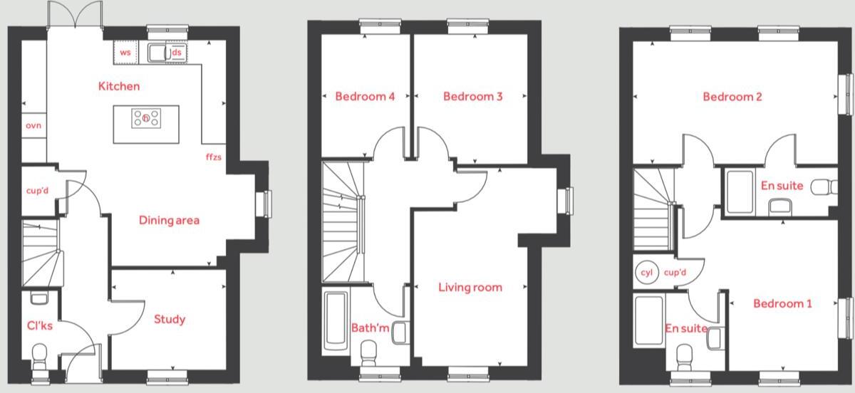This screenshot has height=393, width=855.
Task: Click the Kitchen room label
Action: pyautogui.click(x=119, y=86)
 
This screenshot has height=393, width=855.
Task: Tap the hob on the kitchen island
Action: pyautogui.click(x=146, y=118)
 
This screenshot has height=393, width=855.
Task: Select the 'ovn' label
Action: pyautogui.click(x=33, y=125)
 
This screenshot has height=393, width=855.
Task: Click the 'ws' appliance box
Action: pyautogui.click(x=125, y=53)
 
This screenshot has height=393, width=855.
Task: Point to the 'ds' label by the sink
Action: pyautogui.click(x=176, y=53)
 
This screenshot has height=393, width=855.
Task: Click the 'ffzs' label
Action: pyautogui.click(x=214, y=155)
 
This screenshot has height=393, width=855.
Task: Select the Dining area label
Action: pyautogui.click(x=169, y=220)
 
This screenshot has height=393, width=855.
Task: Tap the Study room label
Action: pyautogui.click(x=170, y=319)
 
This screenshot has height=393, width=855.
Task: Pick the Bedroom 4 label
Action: pyautogui.click(x=365, y=96)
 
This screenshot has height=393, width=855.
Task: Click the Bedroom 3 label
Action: pyautogui.click(x=472, y=96)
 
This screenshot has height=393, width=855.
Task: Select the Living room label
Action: pyautogui.click(x=470, y=288)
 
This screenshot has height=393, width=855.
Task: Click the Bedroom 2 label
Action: pyautogui.click(x=732, y=96)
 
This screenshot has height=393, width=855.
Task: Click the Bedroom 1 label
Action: pyautogui.click(x=782, y=303)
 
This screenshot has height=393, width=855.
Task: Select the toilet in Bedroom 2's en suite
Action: pyautogui.click(x=825, y=187)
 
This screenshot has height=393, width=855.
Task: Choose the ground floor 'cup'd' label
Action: pyautogui.click(x=36, y=191)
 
